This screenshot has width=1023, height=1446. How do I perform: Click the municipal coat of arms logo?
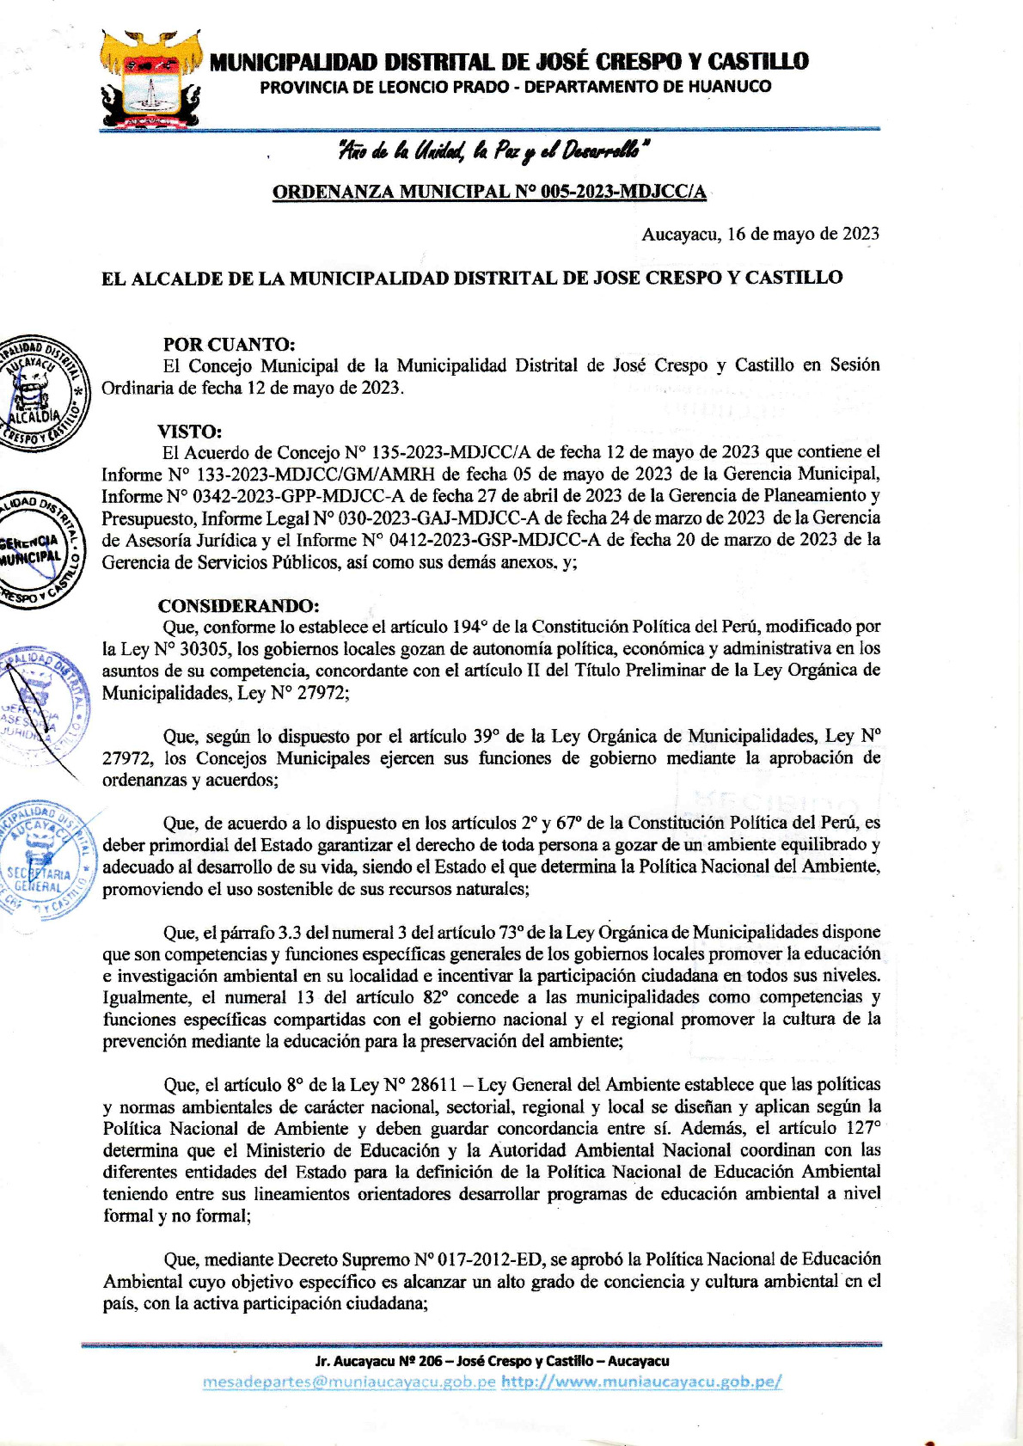click(x=151, y=80)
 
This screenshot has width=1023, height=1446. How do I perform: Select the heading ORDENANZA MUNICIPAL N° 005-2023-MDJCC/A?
click(x=489, y=192)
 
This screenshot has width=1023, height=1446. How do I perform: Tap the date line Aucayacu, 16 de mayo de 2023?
click(x=760, y=234)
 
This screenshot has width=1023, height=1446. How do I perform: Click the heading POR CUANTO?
click(x=229, y=344)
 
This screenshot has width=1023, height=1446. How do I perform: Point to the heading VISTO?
click(x=189, y=431)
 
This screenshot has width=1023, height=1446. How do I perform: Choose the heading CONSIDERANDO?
click(x=238, y=605)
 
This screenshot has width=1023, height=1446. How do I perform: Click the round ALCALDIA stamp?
click(x=40, y=392)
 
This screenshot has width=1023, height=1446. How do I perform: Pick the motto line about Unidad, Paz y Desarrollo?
click(x=493, y=152)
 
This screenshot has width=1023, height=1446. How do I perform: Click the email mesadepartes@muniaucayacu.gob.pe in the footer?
click(x=349, y=1382)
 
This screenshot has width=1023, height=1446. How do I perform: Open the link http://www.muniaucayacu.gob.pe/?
click(x=641, y=1382)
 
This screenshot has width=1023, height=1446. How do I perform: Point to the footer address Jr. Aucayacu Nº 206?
click(x=492, y=1361)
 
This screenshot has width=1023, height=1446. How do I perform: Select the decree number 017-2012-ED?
click(x=490, y=1259)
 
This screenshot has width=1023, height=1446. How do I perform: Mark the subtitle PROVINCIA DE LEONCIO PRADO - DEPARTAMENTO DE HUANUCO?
click(x=515, y=87)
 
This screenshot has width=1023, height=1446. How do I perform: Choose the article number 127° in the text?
click(x=860, y=1128)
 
